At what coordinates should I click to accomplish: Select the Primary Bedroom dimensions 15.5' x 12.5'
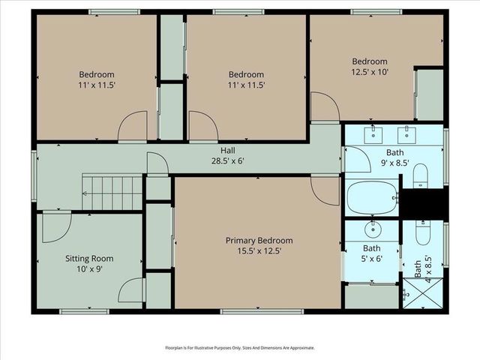tap(259, 251)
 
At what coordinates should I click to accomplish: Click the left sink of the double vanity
tap(373, 135)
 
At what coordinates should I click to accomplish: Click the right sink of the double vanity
tap(407, 135)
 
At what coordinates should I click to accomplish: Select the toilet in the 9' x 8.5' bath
tap(421, 175)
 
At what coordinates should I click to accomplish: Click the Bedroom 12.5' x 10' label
tap(370, 66)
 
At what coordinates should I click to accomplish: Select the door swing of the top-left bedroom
tap(133, 126)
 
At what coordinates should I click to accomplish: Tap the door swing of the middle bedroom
tap(202, 126)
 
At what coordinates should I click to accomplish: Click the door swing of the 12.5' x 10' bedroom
tap(324, 106)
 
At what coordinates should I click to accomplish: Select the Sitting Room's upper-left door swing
tap(56, 227)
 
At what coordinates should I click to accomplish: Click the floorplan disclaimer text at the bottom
tap(240, 348)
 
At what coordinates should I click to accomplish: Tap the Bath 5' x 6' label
tap(371, 253)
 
